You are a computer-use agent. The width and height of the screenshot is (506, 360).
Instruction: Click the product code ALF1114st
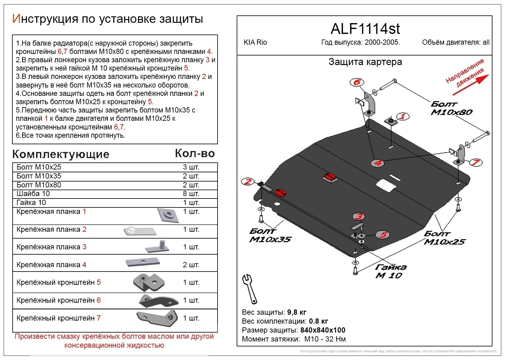[365, 29]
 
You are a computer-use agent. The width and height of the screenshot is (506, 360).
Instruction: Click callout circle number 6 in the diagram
[357, 82]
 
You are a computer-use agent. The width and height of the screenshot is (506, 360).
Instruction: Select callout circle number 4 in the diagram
[378, 163]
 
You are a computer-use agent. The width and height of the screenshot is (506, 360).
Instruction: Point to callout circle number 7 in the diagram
[475, 162]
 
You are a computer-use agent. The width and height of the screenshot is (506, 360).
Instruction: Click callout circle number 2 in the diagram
[248, 182]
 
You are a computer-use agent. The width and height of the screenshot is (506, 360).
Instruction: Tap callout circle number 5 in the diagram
[383, 235]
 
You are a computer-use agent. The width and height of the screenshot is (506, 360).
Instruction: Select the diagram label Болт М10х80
[451, 108]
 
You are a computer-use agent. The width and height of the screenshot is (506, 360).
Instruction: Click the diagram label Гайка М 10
[390, 271]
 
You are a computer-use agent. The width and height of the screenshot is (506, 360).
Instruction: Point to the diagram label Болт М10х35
[270, 235]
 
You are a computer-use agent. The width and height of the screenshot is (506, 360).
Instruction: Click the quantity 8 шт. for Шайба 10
[191, 194]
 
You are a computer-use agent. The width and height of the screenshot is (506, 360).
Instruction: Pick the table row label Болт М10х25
[39, 167]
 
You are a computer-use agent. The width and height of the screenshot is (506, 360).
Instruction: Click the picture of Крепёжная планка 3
[157, 247]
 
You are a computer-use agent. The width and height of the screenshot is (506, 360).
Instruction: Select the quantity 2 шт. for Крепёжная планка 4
[191, 265]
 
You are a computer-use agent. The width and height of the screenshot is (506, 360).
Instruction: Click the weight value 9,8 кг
[297, 312]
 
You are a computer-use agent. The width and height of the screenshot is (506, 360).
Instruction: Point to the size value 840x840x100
[323, 330]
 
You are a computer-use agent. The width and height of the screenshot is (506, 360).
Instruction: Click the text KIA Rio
[255, 43]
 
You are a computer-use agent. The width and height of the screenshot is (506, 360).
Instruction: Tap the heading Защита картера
[365, 62]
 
